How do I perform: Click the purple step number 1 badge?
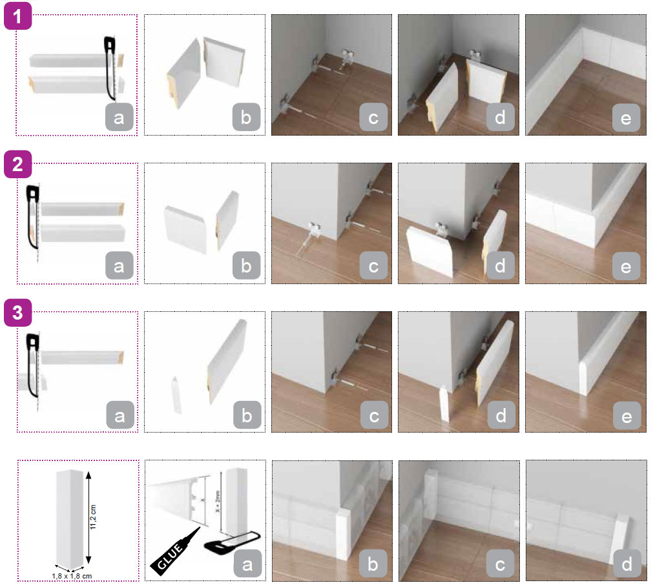point(18,16)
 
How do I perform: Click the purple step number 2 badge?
point(18,164)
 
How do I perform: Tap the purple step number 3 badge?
point(18,313)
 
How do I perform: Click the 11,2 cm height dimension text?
point(93,517)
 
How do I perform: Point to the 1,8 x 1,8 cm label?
point(72,576)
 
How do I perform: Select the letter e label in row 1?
point(626,118)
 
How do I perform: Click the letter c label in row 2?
point(373,266)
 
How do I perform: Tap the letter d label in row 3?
point(501,415)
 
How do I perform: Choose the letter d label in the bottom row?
point(627,564)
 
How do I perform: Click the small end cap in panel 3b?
point(176,395)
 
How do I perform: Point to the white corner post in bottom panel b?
point(344,534)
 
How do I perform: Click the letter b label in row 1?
point(246,118)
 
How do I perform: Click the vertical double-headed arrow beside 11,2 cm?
point(88,518)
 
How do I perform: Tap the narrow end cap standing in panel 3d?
point(444,404)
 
